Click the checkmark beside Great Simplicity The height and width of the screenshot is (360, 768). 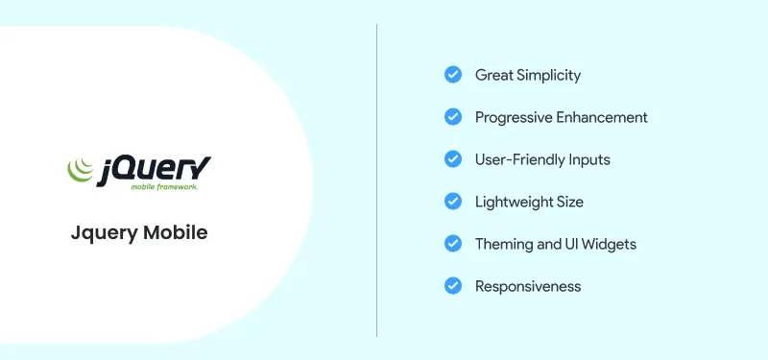453,75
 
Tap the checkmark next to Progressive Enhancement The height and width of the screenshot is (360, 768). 453,117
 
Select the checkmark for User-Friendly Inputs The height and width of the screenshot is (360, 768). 453,159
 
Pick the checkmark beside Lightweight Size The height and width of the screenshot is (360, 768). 453,202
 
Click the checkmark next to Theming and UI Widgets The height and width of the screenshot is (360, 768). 453,244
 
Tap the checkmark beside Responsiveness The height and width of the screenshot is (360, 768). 453,286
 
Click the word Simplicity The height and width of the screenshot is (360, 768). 549,75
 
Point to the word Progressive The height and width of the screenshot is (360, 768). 511,117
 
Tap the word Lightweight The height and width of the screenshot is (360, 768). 514,202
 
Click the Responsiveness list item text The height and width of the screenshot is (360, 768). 528,286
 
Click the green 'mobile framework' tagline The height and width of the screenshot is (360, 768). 164,188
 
